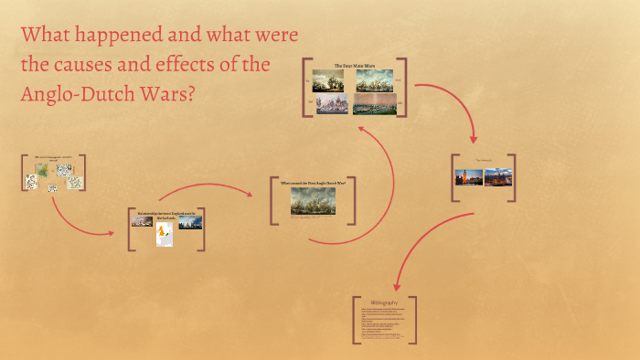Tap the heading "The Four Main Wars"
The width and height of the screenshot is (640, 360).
pos(354,66)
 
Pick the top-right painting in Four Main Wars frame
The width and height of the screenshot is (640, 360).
pos(375,80)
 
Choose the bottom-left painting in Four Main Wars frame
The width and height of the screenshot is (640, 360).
pos(332,103)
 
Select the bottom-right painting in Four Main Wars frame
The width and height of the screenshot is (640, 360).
pos(375,103)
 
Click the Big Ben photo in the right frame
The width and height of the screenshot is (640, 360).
pos(468,177)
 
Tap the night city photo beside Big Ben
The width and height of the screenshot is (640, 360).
pos(497,177)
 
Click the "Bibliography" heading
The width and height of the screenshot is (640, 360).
pos(384,302)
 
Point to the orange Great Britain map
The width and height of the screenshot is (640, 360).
pos(165,236)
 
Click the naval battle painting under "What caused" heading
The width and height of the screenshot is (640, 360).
pos(313,201)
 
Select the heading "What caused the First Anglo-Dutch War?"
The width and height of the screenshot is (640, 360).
pos(313,183)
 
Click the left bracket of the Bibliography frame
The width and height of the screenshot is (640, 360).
pos(354,320)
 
